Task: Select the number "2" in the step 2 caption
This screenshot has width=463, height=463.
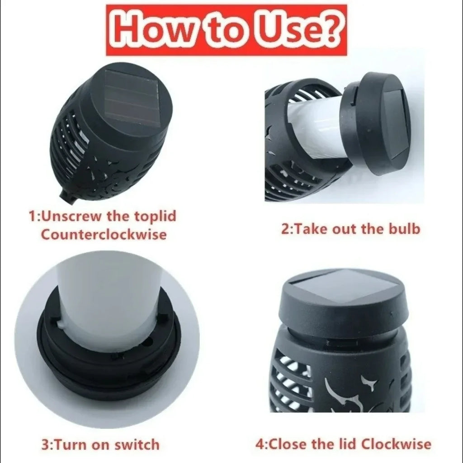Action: [285, 229]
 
